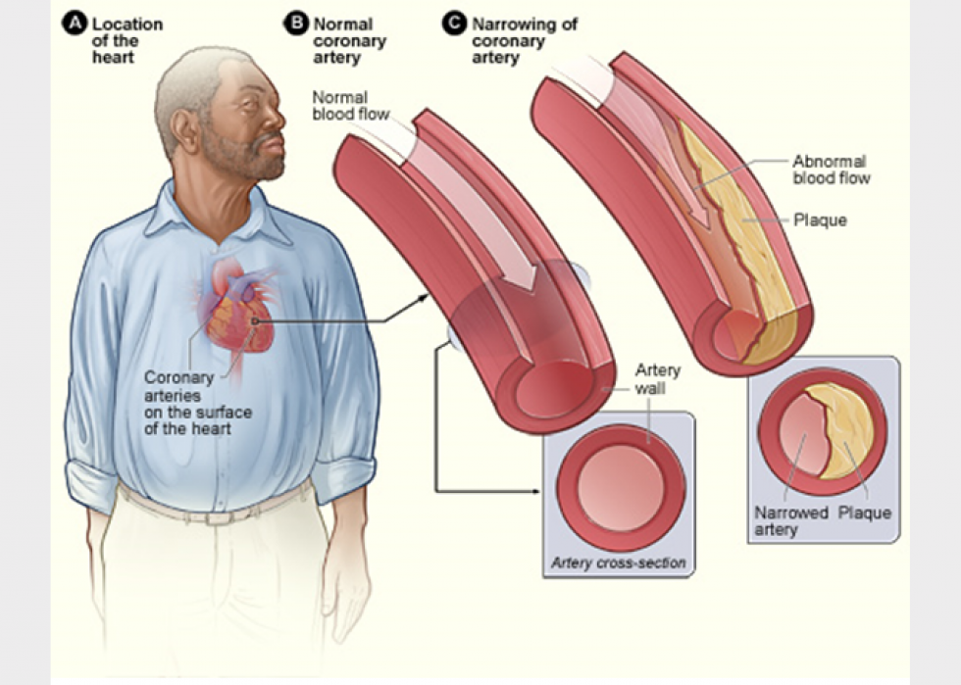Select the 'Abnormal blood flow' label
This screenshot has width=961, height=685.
831,170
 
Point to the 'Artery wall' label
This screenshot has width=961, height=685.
657,378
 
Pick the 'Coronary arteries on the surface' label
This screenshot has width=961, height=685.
197,403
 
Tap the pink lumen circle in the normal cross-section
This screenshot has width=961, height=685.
621,487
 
